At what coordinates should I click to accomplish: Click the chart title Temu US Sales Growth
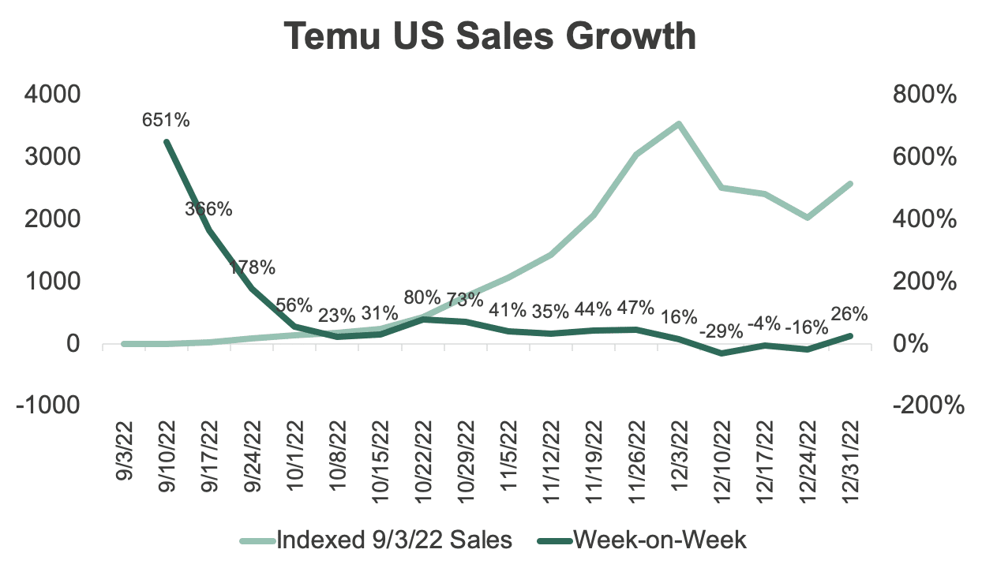tap(490, 37)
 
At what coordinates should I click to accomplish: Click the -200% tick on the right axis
tap(928, 405)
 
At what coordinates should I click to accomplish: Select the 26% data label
tap(850, 314)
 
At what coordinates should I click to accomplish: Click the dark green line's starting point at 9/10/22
tap(166, 142)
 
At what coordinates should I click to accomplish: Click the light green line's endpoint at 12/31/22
tap(850, 184)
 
